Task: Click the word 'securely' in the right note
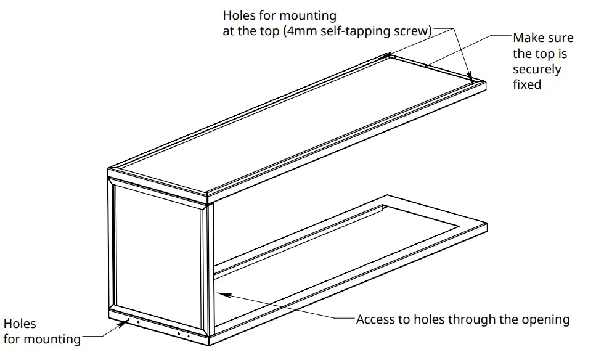[537, 69]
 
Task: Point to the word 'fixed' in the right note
[527, 84]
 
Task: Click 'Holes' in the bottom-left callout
[20, 324]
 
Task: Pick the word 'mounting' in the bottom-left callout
[55, 339]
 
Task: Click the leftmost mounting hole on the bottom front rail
[128, 321]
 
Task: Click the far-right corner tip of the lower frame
[488, 225]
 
